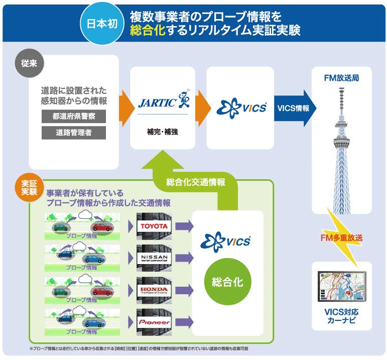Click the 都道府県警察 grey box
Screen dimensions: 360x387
tap(74, 116)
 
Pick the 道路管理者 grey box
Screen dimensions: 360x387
tap(74, 133)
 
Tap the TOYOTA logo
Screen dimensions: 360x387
tap(154, 226)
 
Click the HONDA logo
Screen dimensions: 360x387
tap(154, 290)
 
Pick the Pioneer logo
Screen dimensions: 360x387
tap(154, 322)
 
